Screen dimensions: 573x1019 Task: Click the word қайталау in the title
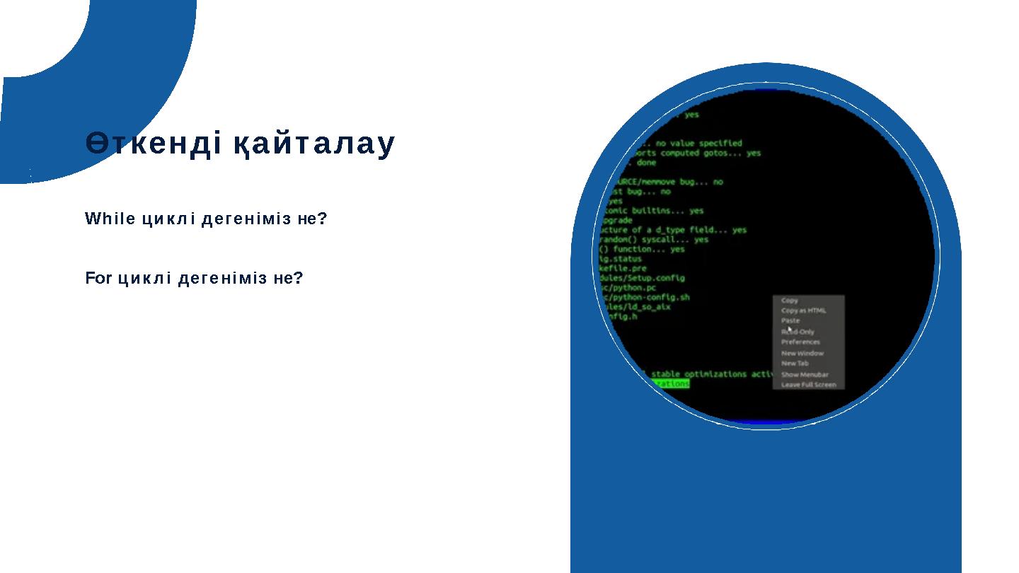click(314, 144)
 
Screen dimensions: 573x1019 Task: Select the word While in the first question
click(110, 219)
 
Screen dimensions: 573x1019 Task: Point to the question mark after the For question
click(299, 278)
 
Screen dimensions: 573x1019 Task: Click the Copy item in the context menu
click(790, 301)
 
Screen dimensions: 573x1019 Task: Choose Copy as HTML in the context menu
click(803, 311)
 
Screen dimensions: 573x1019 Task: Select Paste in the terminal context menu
click(790, 320)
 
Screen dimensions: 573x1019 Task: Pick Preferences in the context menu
click(800, 342)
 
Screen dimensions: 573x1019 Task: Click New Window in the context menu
click(802, 353)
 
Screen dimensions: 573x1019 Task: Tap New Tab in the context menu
click(795, 363)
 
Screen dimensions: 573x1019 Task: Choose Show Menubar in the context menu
click(805, 374)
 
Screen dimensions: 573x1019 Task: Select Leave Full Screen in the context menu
click(808, 385)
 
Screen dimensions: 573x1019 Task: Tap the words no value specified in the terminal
click(698, 143)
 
